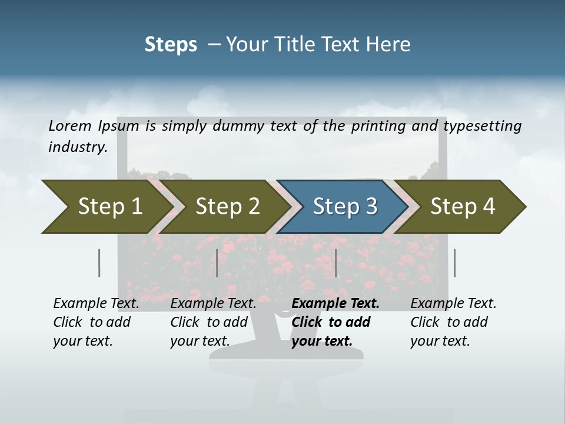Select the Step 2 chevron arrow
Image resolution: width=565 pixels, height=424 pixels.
coord(227,207)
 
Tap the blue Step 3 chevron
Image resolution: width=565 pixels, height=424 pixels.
coord(344,207)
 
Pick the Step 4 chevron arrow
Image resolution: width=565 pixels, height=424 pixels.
coord(462,207)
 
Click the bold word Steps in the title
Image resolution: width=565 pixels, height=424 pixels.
coord(171,45)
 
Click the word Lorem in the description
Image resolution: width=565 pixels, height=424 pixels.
coord(70,125)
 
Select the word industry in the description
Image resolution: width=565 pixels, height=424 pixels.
coord(78,147)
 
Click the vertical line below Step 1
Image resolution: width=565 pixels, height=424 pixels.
coord(99,263)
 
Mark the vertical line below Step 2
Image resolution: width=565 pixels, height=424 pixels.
coord(217,263)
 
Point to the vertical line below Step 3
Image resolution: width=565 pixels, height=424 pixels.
coord(335,263)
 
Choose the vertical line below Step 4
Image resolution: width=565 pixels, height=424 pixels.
coord(454,263)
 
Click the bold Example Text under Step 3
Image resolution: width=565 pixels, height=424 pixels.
coord(335,303)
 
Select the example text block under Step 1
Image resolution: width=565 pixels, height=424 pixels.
coord(96,322)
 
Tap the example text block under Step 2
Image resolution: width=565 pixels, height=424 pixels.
coord(213,322)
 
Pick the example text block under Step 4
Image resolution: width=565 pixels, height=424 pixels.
coord(453,322)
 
